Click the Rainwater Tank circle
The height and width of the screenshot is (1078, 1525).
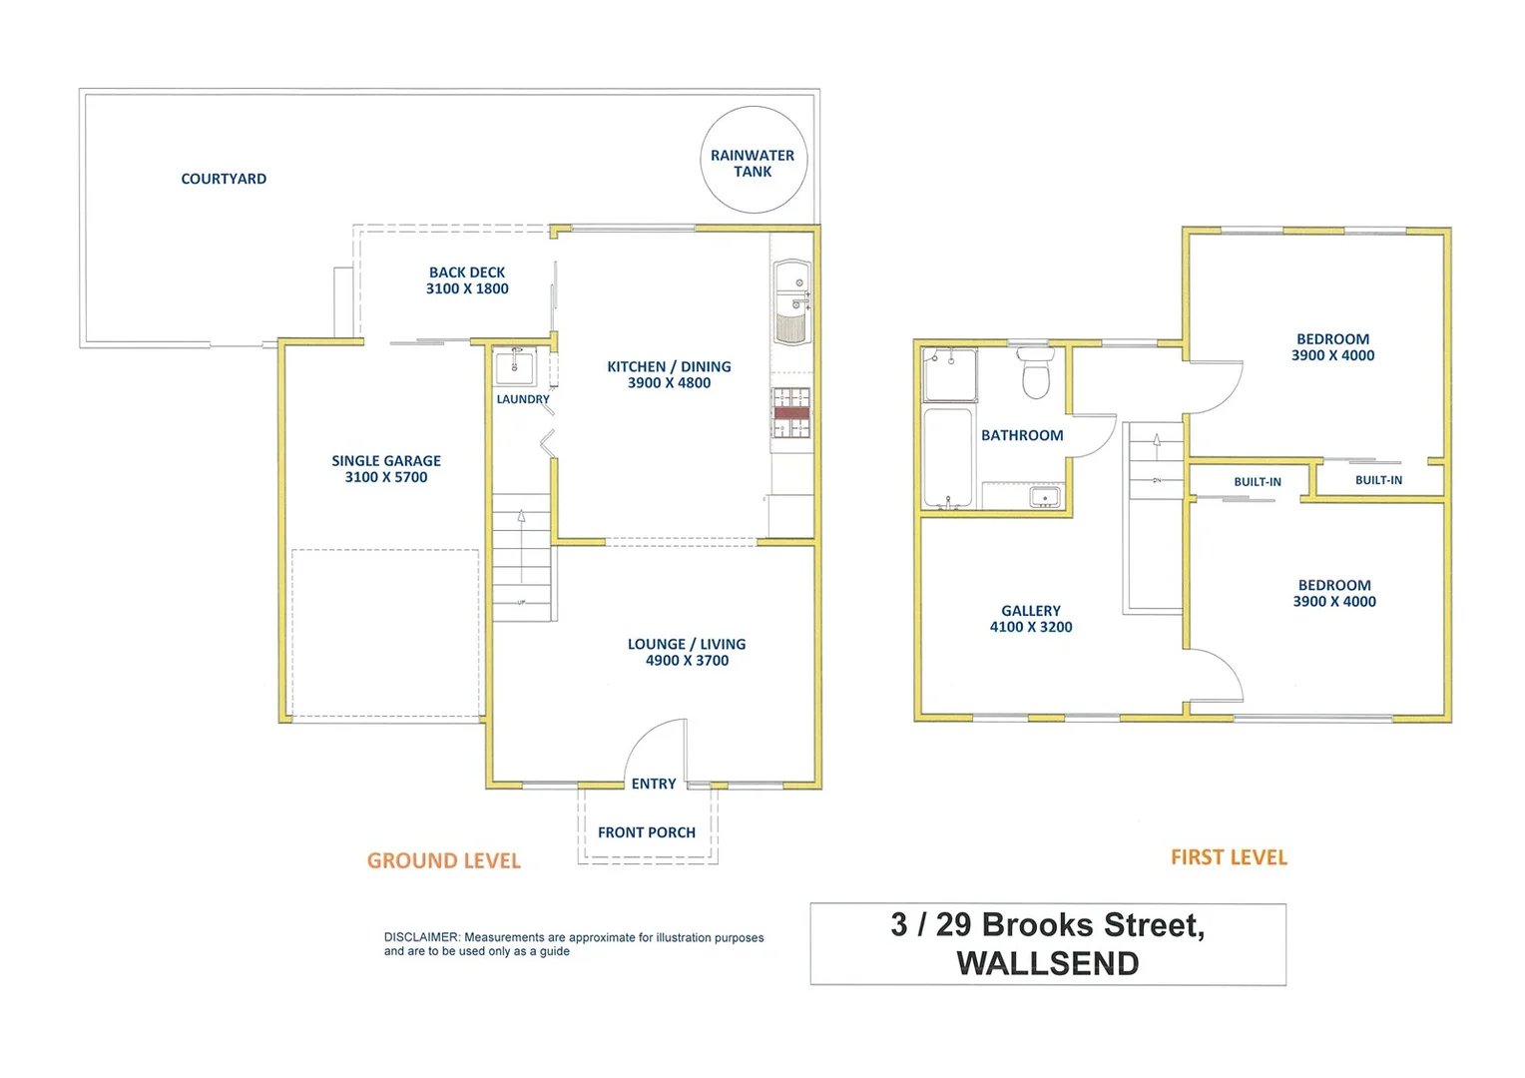754,160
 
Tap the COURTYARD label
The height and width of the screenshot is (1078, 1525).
224,179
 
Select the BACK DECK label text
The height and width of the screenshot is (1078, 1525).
467,272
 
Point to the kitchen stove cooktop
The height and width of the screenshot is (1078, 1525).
791,412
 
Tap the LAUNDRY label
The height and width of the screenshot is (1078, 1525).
523,399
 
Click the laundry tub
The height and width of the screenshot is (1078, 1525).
515,366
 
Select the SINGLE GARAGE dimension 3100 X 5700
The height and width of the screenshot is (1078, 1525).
386,477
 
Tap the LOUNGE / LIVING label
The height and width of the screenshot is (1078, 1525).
687,644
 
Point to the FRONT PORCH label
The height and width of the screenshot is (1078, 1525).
647,832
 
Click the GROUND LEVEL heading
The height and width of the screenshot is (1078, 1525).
444,860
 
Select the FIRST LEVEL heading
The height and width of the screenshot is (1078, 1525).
1229,857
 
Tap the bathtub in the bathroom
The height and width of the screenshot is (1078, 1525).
948,457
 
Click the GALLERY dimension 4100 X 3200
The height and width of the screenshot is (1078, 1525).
1031,627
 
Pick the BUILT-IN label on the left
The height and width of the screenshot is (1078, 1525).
1258,482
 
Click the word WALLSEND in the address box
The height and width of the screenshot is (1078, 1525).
1048,964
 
